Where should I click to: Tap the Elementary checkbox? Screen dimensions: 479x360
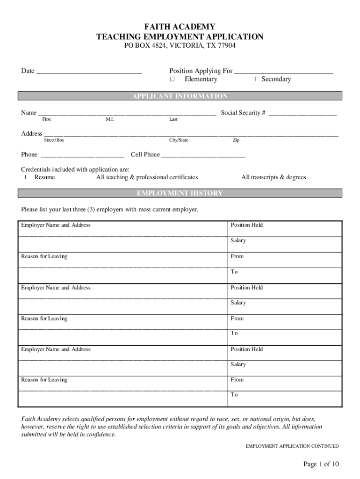coord(173,80)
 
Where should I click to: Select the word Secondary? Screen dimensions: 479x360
coord(276,80)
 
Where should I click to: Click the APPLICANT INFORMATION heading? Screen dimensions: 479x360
coord(180,96)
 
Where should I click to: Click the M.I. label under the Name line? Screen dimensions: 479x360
coord(110,120)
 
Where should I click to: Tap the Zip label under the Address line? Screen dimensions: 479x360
coord(236,140)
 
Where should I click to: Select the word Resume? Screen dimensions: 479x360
coord(44,177)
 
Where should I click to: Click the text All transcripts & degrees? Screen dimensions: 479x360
coord(274,177)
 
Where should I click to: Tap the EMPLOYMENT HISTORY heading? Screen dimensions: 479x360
coord(180,194)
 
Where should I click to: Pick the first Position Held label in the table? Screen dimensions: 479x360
coord(246,225)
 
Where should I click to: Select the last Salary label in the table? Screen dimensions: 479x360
coord(238,364)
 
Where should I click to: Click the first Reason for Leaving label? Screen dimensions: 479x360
coord(44,256)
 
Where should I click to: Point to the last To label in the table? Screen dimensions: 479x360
coord(234,395)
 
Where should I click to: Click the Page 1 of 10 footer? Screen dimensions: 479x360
coord(321,464)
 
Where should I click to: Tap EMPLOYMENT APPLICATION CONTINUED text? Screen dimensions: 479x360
coord(292,446)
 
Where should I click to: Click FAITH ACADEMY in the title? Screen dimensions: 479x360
coord(180,27)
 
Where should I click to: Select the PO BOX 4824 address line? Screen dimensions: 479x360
coord(180,46)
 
